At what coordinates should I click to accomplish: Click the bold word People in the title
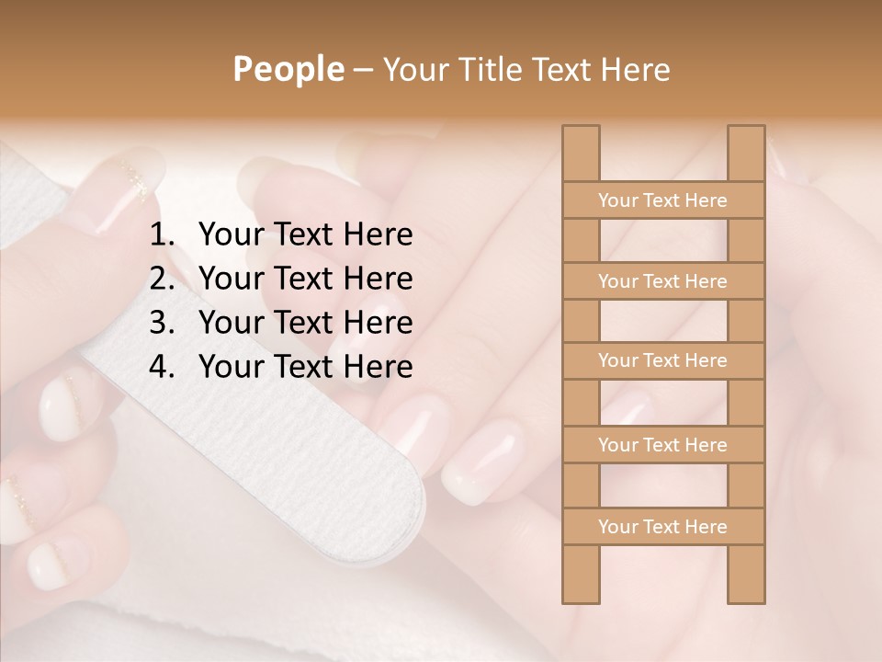click(x=288, y=70)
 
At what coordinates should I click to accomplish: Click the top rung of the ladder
click(x=662, y=200)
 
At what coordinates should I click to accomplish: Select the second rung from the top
click(x=662, y=281)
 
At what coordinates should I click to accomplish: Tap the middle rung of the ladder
click(x=662, y=361)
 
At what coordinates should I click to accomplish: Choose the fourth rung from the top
click(x=662, y=445)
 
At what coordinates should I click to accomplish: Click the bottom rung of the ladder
click(x=662, y=527)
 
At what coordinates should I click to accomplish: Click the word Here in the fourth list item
click(x=378, y=368)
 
